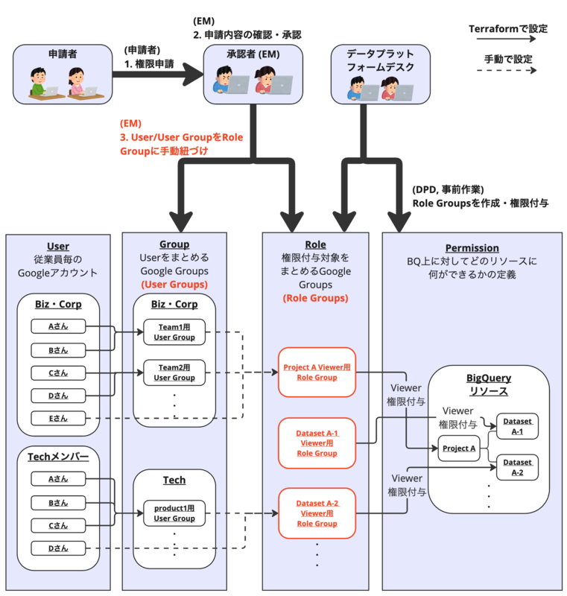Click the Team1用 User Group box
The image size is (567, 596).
tap(174, 332)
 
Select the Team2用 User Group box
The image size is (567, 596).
tap(174, 372)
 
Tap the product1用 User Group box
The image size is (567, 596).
tap(174, 513)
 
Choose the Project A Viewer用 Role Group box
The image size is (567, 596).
tap(317, 372)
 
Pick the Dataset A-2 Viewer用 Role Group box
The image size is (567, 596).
tap(317, 513)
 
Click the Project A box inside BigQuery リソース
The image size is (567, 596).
tap(458, 448)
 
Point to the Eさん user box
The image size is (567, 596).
tap(58, 418)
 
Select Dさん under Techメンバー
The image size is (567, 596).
tap(58, 549)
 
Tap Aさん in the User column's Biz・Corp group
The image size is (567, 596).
tap(58, 326)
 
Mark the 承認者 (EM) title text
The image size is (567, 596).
tap(253, 54)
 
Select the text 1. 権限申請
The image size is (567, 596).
tap(148, 64)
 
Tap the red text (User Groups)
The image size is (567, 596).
tap(174, 284)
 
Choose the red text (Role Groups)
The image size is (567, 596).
tap(315, 298)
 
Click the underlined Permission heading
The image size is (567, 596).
tap(472, 248)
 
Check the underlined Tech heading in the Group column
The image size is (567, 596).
tap(174, 480)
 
